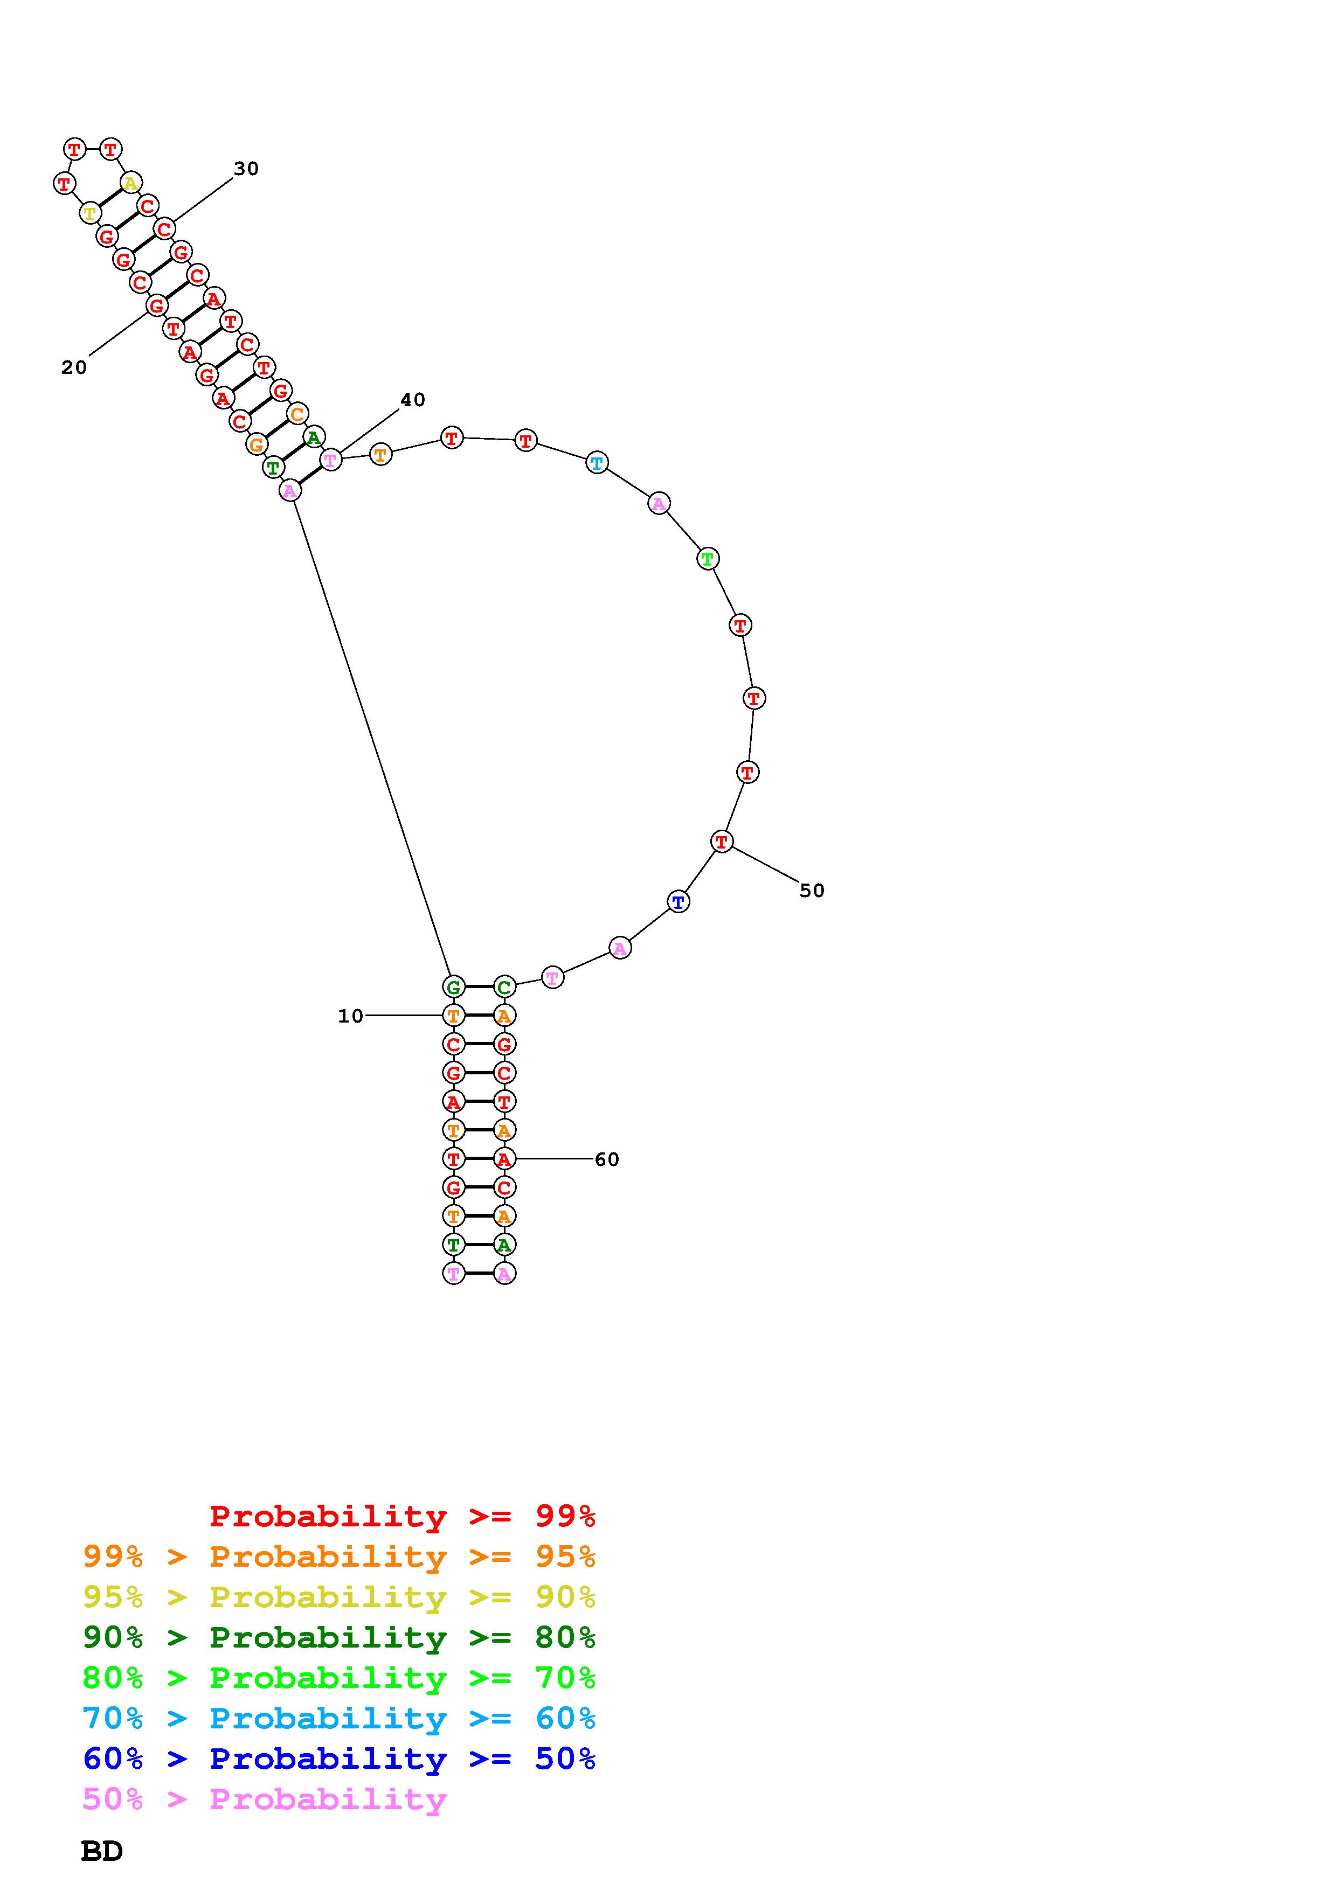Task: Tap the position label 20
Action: (x=74, y=368)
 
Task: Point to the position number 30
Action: (x=246, y=169)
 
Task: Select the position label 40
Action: (x=412, y=400)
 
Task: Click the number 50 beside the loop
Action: (x=812, y=891)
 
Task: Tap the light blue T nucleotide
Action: (x=597, y=463)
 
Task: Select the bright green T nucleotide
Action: (x=707, y=559)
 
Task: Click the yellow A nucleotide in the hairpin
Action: (x=130, y=183)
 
